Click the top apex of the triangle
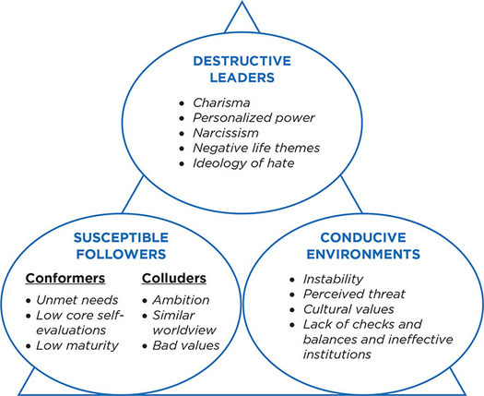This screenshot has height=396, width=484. point(242,3)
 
